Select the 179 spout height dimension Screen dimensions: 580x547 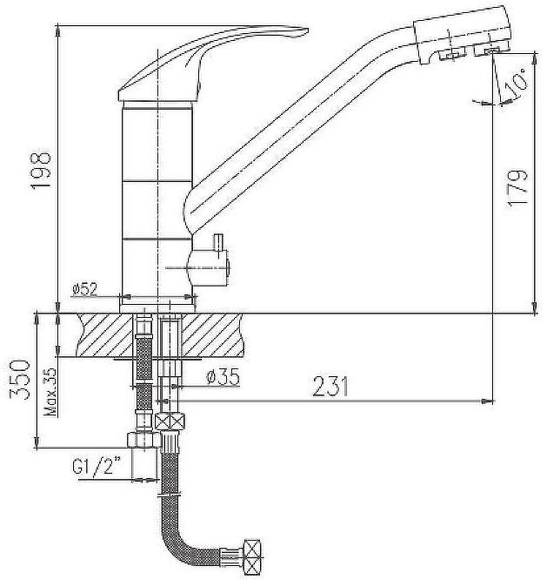coord(519,186)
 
